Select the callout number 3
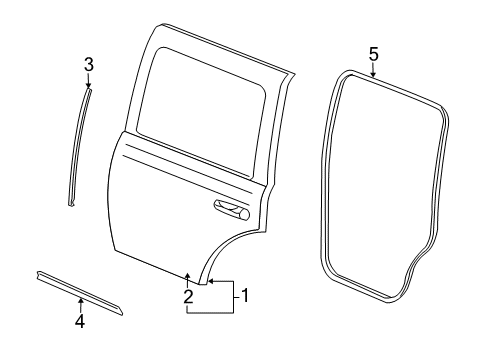click(x=88, y=66)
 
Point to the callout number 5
click(x=373, y=54)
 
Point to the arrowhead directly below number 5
click(x=373, y=73)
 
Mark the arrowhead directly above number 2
click(x=188, y=275)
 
